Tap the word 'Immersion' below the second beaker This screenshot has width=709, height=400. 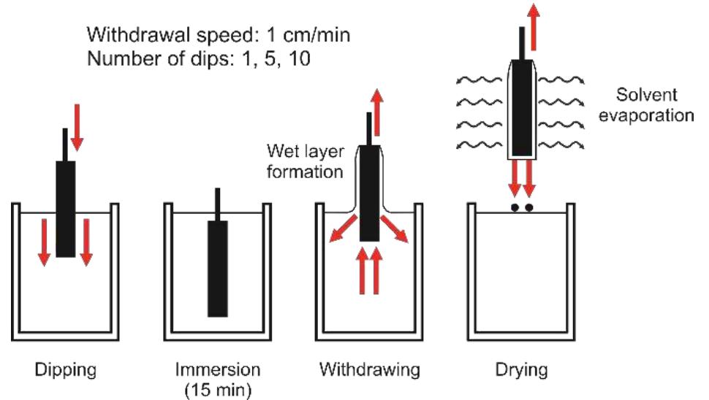[217, 370]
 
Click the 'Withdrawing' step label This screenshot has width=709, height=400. [369, 370]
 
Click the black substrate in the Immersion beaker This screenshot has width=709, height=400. [218, 268]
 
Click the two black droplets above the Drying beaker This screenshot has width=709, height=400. [521, 207]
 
